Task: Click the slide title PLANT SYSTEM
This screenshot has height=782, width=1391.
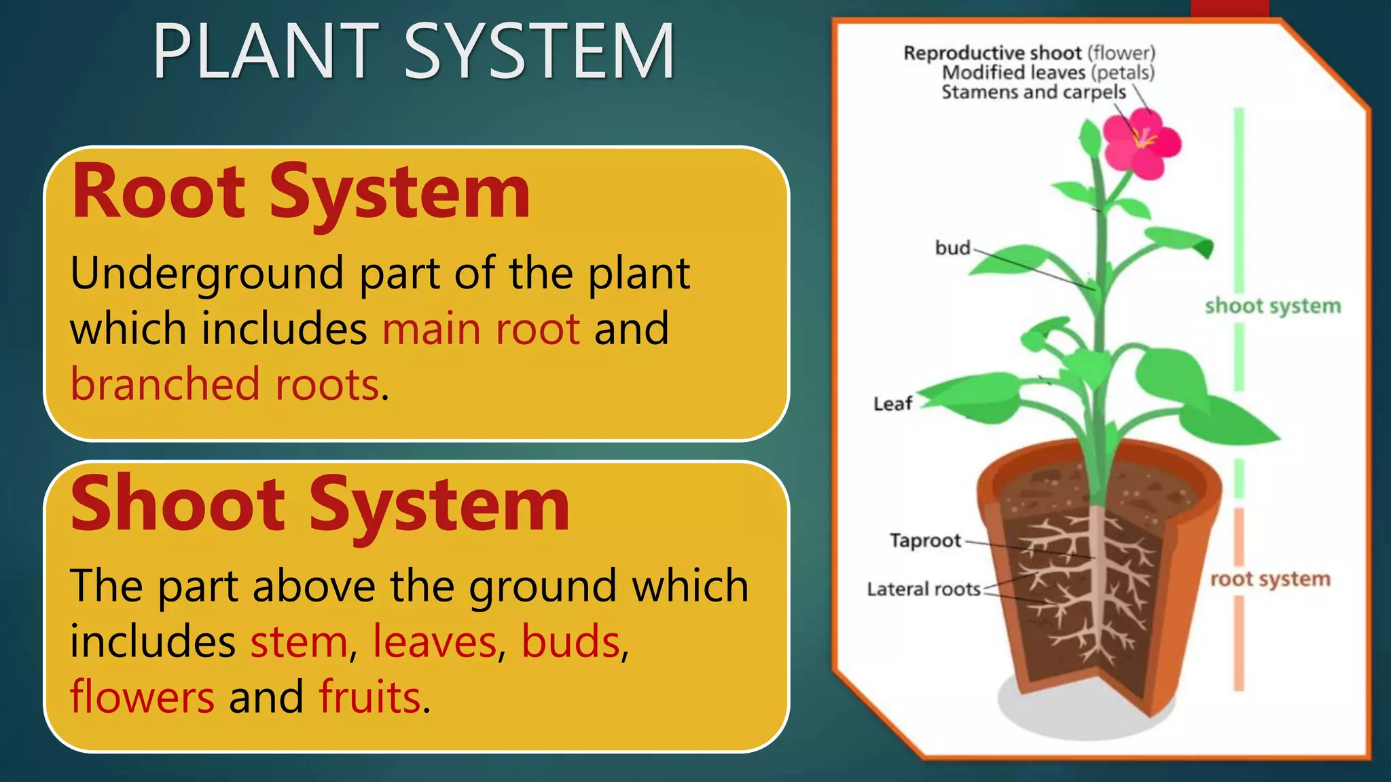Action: click(414, 52)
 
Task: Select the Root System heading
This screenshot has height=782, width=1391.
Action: click(300, 192)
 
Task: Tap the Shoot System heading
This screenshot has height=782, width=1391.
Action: click(320, 505)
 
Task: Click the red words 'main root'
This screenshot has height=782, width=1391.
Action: click(481, 329)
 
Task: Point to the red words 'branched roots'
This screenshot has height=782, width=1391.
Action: click(225, 385)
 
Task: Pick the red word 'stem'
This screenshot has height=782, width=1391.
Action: click(299, 642)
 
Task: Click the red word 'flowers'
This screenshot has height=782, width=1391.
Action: click(143, 698)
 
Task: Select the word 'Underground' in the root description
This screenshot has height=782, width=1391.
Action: click(207, 274)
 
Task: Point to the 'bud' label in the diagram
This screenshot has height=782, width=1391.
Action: click(952, 248)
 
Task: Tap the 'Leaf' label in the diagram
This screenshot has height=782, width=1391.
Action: click(892, 404)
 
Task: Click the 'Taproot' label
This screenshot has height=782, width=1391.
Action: click(925, 540)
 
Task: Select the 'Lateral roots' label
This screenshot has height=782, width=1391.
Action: click(924, 589)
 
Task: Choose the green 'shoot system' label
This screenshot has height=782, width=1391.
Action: click(1273, 306)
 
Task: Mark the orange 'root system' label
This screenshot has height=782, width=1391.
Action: click(1270, 579)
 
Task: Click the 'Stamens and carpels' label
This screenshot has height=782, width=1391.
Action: click(1033, 92)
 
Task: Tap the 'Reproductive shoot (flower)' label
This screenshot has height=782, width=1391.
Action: click(1029, 53)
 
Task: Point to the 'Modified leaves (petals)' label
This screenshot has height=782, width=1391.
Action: click(1048, 73)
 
